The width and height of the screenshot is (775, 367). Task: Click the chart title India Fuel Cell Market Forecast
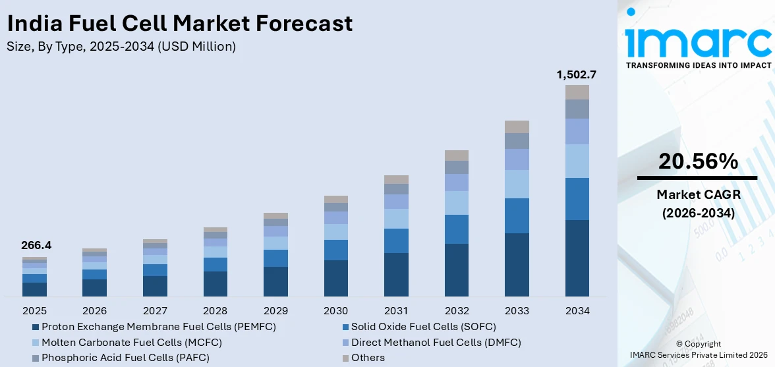pos(179,24)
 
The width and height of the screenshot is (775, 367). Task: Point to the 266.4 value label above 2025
pos(36,246)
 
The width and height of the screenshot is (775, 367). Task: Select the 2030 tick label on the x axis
pos(335,310)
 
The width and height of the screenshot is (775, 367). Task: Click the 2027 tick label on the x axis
pos(155,310)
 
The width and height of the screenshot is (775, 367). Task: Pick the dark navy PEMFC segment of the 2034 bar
pos(577,258)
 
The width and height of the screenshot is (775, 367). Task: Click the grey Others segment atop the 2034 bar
pos(577,92)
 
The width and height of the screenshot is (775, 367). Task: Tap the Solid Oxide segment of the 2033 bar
pos(517,215)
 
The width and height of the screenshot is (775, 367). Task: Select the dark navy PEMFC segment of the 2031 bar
pos(396,275)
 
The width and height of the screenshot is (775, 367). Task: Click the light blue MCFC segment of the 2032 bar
pos(456,203)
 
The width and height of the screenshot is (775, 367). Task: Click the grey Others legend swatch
pos(345,358)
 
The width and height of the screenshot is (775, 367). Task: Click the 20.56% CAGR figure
pos(697,161)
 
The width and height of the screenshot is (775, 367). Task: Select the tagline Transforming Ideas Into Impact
pos(697,65)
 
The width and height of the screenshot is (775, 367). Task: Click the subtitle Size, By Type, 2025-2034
pos(121,46)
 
